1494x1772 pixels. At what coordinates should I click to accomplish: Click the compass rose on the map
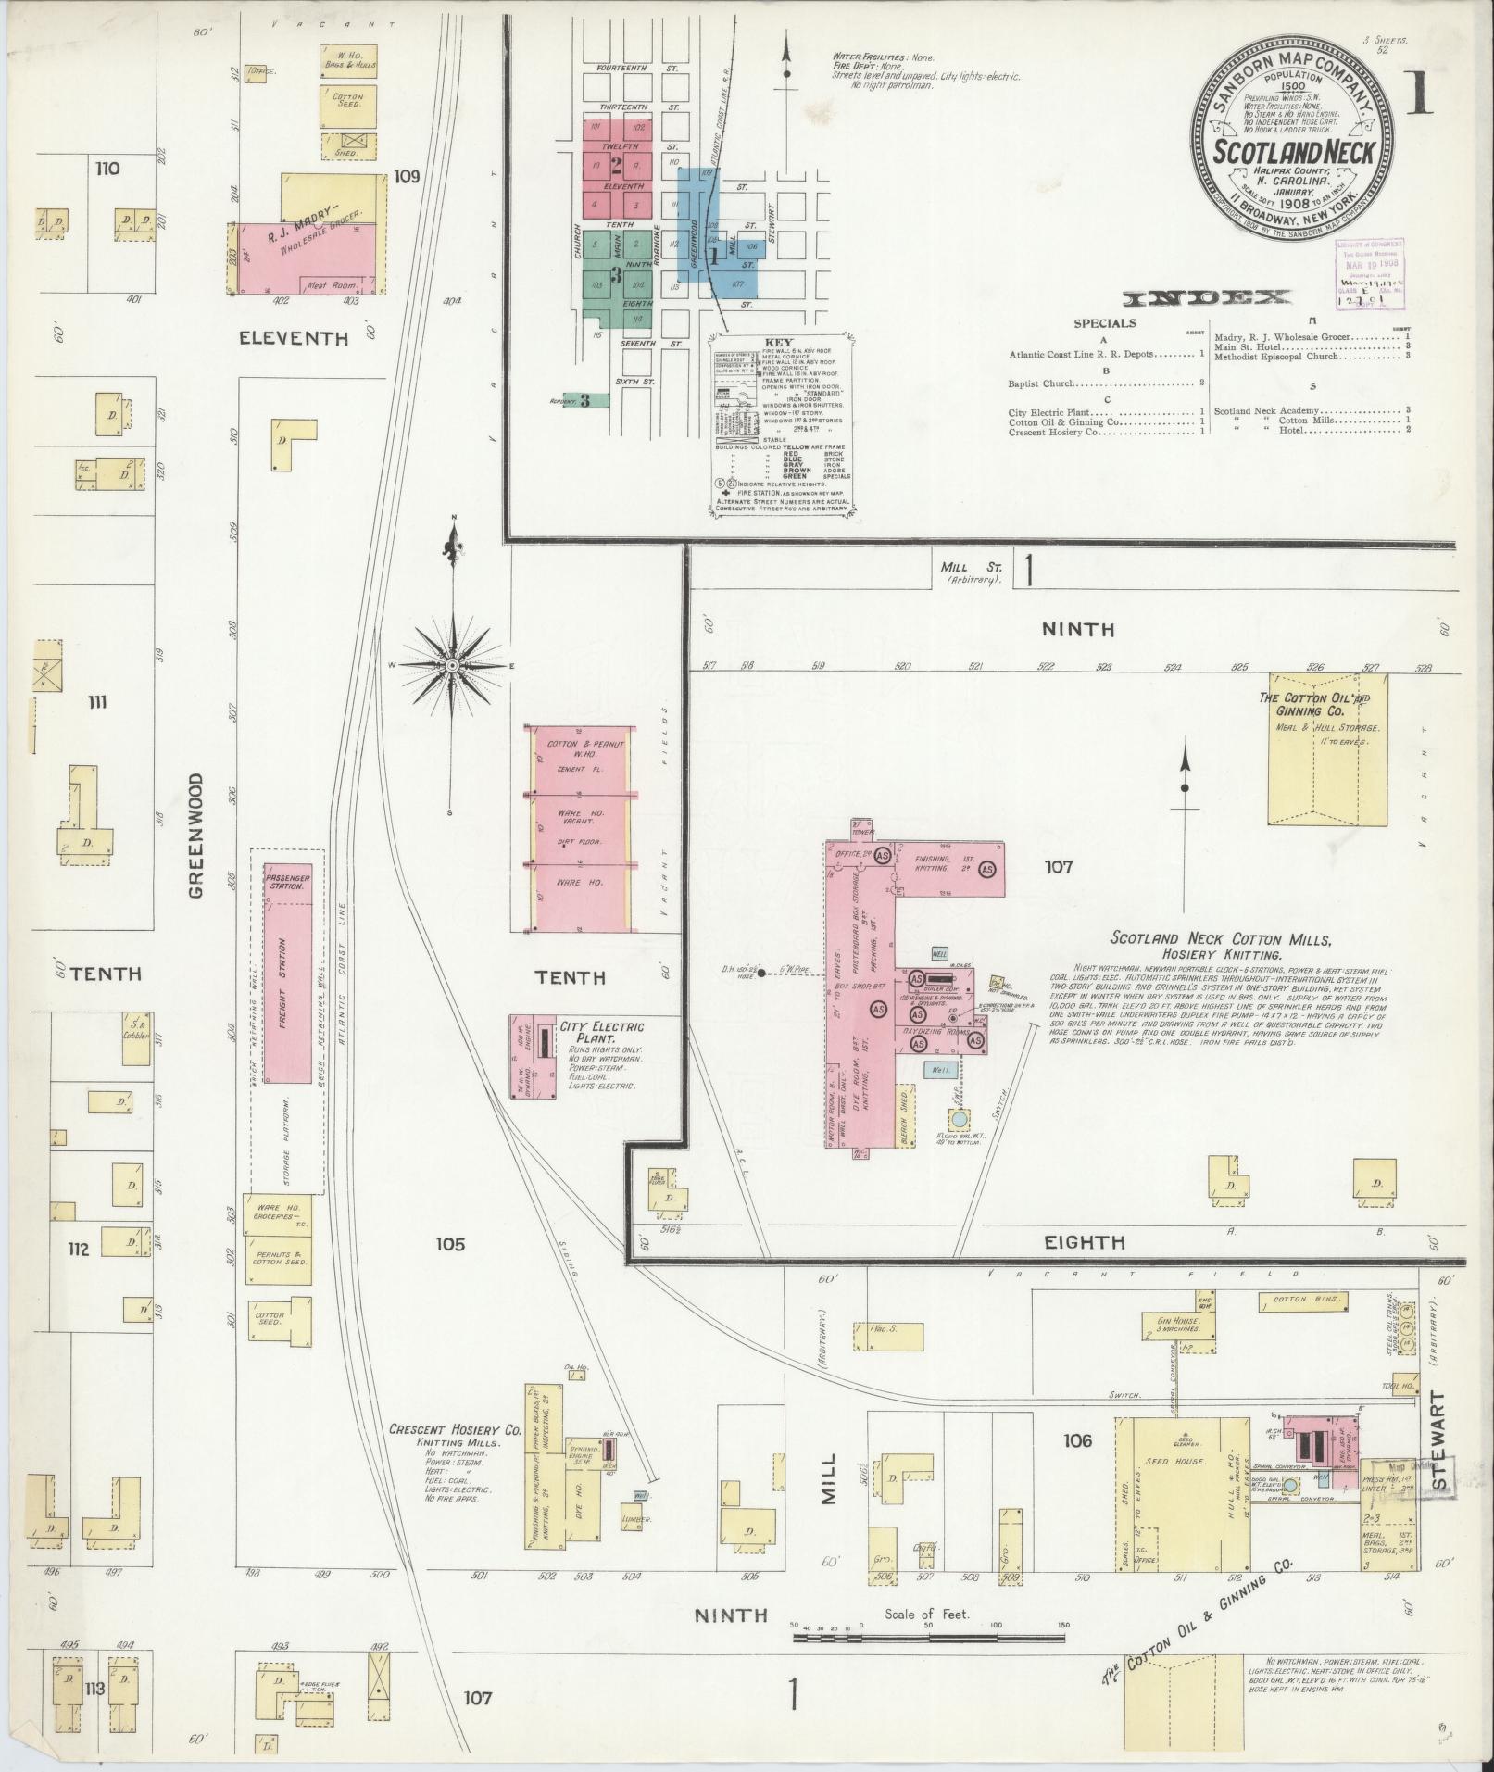point(453,666)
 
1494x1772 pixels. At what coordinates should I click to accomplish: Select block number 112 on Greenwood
point(77,1249)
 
